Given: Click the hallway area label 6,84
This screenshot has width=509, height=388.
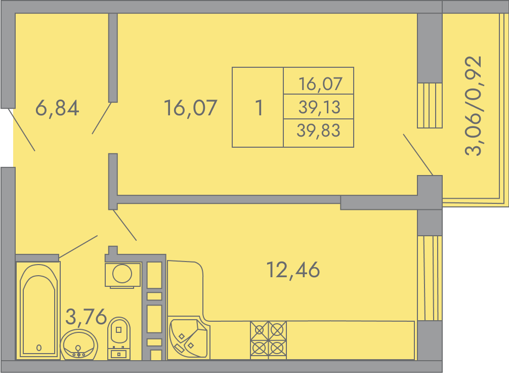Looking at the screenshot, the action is pyautogui.click(x=57, y=108).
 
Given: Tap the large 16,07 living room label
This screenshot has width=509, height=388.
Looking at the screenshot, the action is pyautogui.click(x=191, y=108).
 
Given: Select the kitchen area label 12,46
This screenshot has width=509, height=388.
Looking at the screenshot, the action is pyautogui.click(x=293, y=270).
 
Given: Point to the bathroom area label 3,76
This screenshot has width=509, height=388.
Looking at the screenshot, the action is pyautogui.click(x=86, y=317).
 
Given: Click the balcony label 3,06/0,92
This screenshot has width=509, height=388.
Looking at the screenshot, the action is pyautogui.click(x=474, y=106).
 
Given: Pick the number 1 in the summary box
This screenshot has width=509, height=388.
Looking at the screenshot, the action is pyautogui.click(x=259, y=108).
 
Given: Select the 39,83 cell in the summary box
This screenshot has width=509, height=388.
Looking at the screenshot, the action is pyautogui.click(x=318, y=131).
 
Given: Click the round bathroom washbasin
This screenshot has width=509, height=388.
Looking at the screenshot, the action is pyautogui.click(x=79, y=345).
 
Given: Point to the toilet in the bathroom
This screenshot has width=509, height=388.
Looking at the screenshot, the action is pyautogui.click(x=119, y=338).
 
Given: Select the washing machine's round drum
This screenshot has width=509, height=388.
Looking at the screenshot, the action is pyautogui.click(x=122, y=274).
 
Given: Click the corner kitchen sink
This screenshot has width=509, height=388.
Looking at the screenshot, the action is pyautogui.click(x=189, y=338).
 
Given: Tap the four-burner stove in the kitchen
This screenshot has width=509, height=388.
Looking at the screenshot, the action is pyautogui.click(x=268, y=340).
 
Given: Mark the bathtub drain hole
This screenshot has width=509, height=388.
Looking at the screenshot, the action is pyautogui.click(x=39, y=348).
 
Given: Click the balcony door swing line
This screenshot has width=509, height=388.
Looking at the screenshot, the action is pyautogui.click(x=418, y=155).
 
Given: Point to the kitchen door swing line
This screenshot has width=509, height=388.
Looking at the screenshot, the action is pyautogui.click(x=124, y=225).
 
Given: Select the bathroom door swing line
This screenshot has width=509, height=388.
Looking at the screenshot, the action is pyautogui.click(x=78, y=247).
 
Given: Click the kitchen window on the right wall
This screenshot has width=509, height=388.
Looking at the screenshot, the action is pyautogui.click(x=430, y=278).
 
